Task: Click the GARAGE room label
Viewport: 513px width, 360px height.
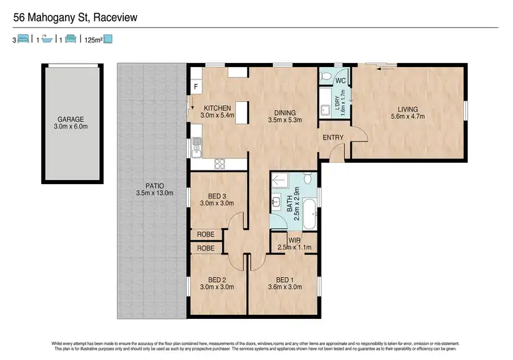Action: [70, 120]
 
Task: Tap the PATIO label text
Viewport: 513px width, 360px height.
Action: [155, 186]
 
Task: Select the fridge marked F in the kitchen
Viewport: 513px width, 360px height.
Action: [196, 87]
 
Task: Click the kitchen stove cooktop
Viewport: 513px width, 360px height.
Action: [220, 164]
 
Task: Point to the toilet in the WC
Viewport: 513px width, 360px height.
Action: [325, 77]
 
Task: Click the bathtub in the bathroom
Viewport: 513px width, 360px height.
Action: [309, 214]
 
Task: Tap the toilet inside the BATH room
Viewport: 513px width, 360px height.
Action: [308, 179]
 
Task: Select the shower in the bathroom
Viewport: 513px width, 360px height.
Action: [280, 181]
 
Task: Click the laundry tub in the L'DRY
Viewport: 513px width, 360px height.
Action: [325, 110]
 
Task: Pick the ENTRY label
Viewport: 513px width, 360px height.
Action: [333, 138]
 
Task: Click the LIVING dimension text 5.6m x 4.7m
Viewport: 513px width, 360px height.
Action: [408, 116]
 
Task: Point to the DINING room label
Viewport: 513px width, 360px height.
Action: [285, 113]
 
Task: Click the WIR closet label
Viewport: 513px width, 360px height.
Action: [294, 240]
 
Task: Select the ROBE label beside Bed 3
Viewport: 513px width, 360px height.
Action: [206, 234]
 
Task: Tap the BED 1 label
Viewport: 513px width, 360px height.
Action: [285, 280]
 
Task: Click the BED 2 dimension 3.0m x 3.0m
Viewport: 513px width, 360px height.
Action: [217, 287]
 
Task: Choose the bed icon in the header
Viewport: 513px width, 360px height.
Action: [23, 38]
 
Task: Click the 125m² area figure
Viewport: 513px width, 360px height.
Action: [94, 40]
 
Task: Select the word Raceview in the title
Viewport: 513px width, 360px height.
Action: [115, 17]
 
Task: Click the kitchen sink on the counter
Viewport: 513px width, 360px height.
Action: [196, 148]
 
